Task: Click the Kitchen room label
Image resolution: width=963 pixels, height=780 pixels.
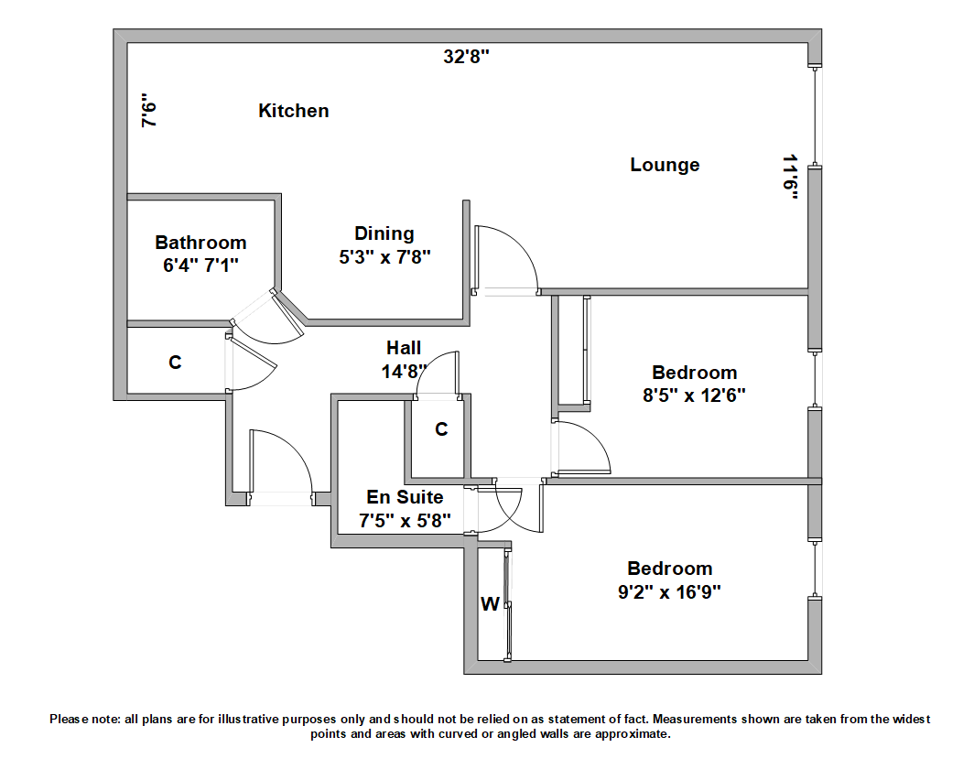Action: point(293,111)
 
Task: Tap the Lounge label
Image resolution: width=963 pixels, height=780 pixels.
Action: point(665,165)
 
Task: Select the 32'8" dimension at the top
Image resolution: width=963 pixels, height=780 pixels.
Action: point(467,57)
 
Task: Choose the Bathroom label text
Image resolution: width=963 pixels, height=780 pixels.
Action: point(200,243)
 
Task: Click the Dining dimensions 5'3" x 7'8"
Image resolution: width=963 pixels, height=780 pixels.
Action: point(384,257)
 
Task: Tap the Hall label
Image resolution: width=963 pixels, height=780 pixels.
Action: point(404,348)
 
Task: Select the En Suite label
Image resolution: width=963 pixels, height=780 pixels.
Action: point(405,497)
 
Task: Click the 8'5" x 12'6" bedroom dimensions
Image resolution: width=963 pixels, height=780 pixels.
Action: point(694,395)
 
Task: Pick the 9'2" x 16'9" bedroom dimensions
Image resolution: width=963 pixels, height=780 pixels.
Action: point(669,591)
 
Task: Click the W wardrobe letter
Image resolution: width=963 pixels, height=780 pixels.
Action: point(491,604)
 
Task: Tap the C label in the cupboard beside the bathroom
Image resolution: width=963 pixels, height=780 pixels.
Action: point(175,363)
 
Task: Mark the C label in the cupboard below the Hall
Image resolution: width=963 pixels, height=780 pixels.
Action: point(441,429)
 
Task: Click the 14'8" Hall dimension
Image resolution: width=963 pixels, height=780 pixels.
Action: point(404,372)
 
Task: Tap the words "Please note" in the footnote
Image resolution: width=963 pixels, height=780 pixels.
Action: point(83,720)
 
